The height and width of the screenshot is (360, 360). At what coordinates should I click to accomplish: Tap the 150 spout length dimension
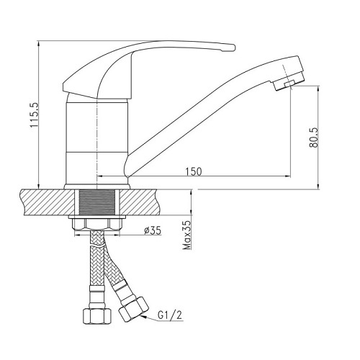click(193, 171)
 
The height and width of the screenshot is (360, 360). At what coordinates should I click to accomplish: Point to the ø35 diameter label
click(153, 231)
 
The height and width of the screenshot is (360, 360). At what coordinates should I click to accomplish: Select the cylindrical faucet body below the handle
click(96, 137)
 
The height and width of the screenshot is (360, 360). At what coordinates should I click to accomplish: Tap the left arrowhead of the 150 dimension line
click(101, 176)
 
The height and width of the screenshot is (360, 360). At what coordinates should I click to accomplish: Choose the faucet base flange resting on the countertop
click(97, 186)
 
